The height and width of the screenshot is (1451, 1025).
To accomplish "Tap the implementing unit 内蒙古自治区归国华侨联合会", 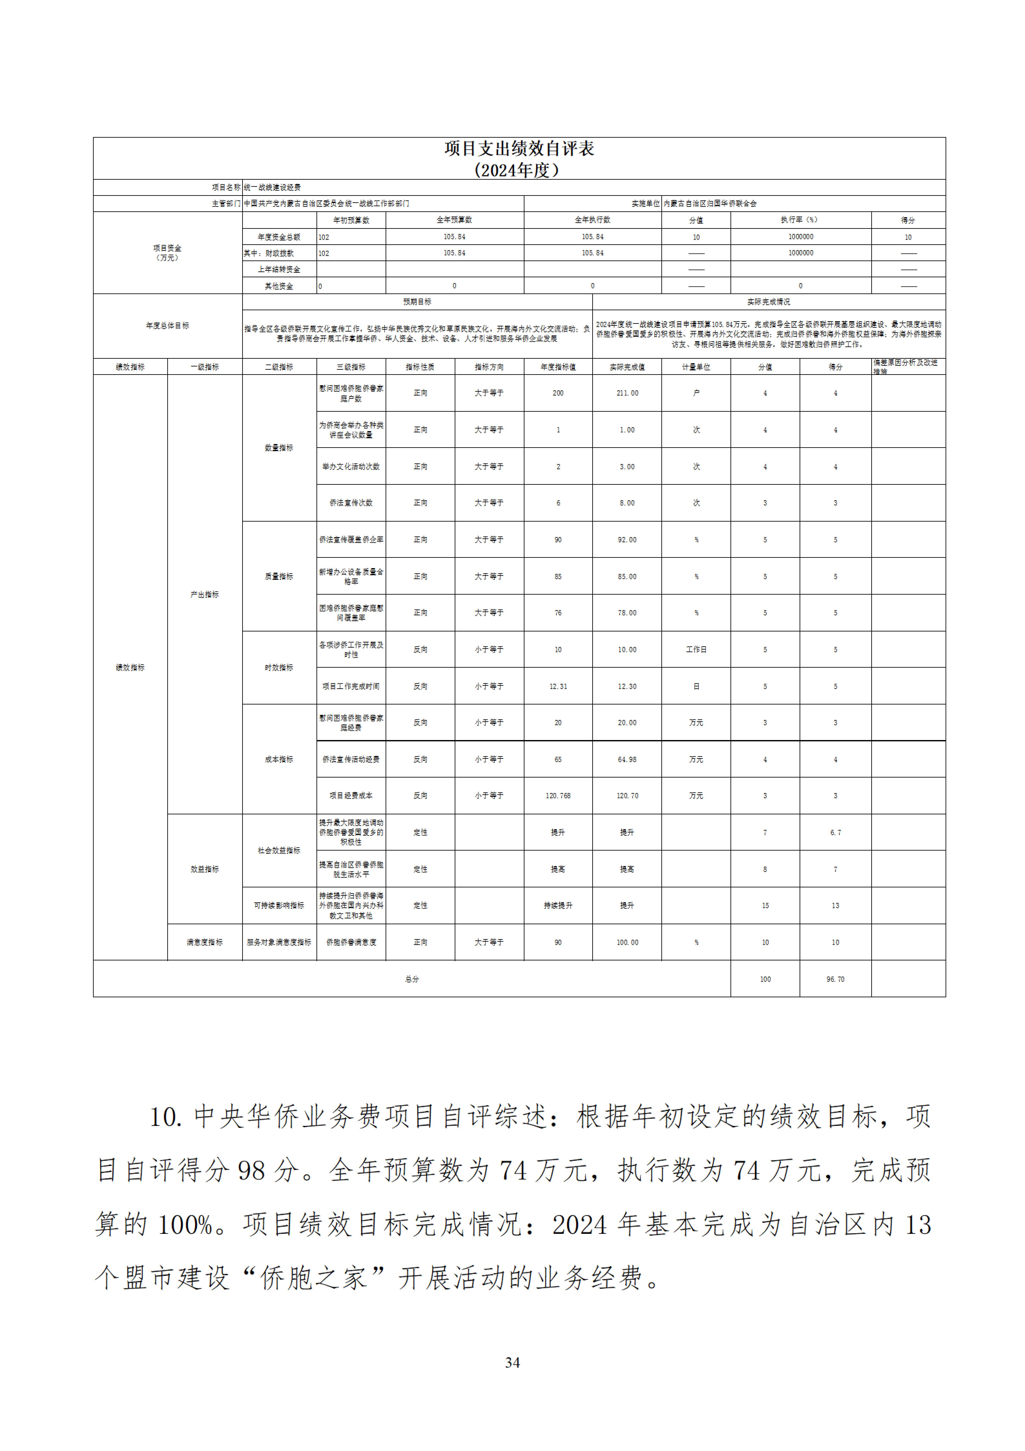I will tap(710, 204).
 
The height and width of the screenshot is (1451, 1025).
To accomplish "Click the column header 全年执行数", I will tap(592, 220).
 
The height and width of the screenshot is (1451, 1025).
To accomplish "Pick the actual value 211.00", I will tap(627, 393).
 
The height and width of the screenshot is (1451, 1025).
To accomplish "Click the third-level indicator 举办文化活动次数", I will tap(351, 466).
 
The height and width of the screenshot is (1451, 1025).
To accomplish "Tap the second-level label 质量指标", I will tap(279, 576).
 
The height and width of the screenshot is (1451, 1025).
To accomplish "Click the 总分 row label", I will tap(412, 979).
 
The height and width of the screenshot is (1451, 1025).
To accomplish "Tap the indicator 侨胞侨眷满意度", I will tap(351, 942).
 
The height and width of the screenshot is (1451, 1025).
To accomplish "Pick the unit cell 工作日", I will tap(696, 650).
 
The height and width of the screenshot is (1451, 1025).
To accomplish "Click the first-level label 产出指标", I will tap(205, 595).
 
